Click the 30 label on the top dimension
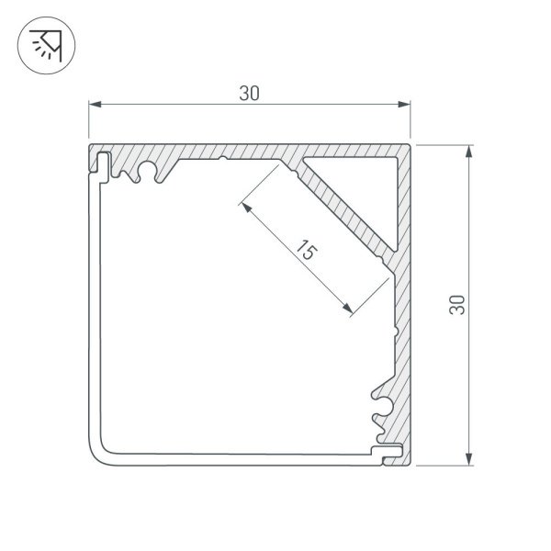249,93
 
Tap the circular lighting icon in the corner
46,45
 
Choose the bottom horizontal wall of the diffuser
239,454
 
